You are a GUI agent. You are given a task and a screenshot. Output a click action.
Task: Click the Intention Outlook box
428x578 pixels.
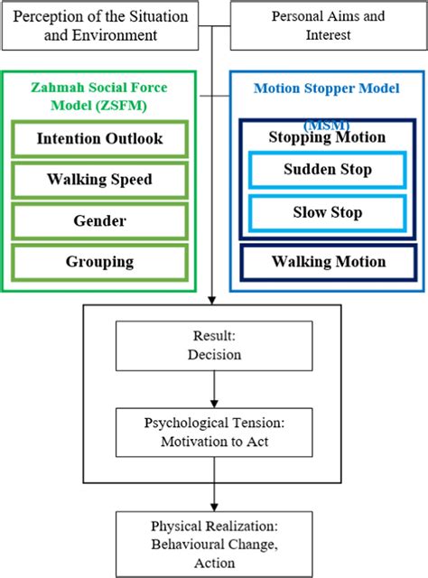99,139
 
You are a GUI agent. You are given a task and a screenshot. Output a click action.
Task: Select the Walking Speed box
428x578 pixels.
99,180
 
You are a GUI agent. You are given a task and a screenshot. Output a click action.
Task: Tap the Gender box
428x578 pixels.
99,221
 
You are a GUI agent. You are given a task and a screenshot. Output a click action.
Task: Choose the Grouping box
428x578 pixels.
99,262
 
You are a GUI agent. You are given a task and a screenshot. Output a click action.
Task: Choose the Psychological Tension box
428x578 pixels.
214,433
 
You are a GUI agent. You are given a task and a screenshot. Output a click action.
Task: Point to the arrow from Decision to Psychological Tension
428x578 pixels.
214,389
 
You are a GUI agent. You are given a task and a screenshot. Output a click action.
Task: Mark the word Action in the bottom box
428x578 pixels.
214,563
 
